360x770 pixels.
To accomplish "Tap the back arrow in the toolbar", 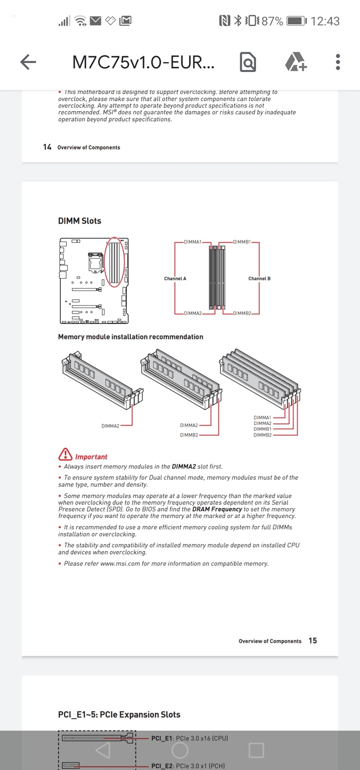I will [x=28, y=62].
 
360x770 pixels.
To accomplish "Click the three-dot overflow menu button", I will [x=337, y=62].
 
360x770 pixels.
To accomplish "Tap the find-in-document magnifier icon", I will [x=247, y=62].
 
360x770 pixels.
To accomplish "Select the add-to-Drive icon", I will [x=296, y=62].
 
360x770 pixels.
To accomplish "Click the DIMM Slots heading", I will [x=80, y=221].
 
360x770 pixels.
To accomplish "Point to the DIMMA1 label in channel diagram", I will [x=193, y=242].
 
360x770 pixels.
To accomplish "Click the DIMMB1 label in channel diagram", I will [x=242, y=242].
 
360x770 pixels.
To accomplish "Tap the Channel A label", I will [x=175, y=279].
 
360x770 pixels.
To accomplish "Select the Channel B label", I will [x=259, y=279].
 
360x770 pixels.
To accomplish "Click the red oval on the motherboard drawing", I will [x=114, y=262].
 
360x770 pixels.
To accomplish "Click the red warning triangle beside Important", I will [x=65, y=454].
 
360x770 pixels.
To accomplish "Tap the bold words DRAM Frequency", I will [x=217, y=509].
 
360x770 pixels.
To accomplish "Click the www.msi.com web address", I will [x=120, y=563].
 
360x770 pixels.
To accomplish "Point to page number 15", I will [x=313, y=640].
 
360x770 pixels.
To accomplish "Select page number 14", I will [x=47, y=147].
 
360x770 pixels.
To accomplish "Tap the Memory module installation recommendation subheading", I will [x=130, y=337].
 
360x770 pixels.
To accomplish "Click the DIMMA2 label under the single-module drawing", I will [x=110, y=426].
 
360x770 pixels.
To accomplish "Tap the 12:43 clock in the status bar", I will [x=325, y=21].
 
